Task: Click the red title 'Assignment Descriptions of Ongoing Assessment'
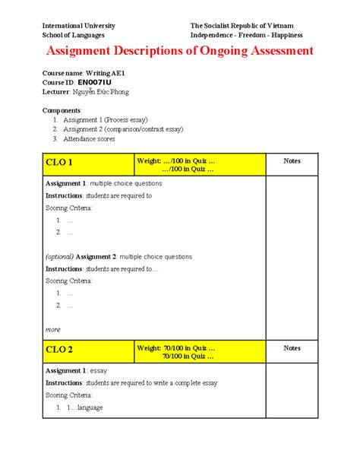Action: pyautogui.click(x=180, y=51)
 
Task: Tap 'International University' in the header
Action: pyautogui.click(x=79, y=26)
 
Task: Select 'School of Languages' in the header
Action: pyautogui.click(x=74, y=35)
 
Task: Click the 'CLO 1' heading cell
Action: pyautogui.click(x=60, y=163)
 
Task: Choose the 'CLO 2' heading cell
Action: pyautogui.click(x=60, y=350)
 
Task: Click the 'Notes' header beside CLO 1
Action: pyautogui.click(x=292, y=160)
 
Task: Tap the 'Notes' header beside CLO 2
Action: pyautogui.click(x=292, y=347)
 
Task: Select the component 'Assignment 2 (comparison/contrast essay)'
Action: pyautogui.click(x=123, y=129)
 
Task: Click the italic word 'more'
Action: pyautogui.click(x=53, y=329)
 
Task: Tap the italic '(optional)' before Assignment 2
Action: pyautogui.click(x=60, y=256)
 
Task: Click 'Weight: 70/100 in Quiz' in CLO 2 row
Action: pyautogui.click(x=174, y=347)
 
